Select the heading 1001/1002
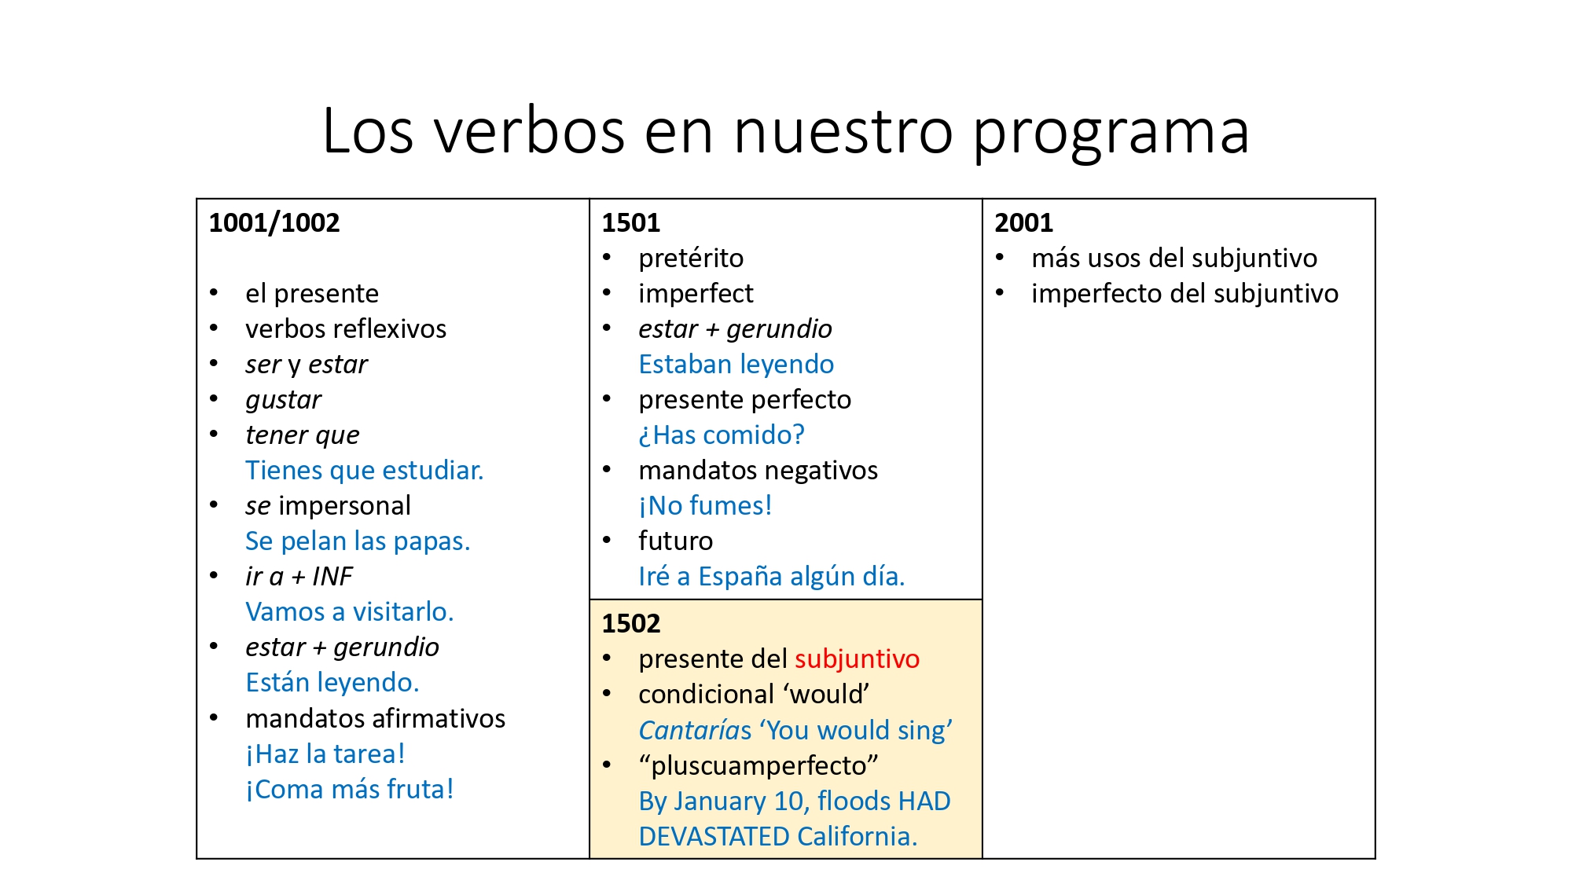coord(274,223)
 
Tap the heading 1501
coord(630,223)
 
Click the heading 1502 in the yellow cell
coord(630,624)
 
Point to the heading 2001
coord(1023,223)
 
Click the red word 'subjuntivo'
coord(857,659)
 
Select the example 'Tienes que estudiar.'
coord(364,471)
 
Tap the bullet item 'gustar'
coord(283,400)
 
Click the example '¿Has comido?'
coord(722,435)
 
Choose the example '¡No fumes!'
coord(705,506)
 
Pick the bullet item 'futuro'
coord(675,541)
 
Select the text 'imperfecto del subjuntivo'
coord(1185,294)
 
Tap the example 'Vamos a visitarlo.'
coord(350,612)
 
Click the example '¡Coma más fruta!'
coord(350,790)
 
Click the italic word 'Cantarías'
coord(695,731)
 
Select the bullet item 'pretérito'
coord(690,259)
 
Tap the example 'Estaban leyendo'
coord(736,365)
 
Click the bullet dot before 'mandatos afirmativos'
coord(214,717)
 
